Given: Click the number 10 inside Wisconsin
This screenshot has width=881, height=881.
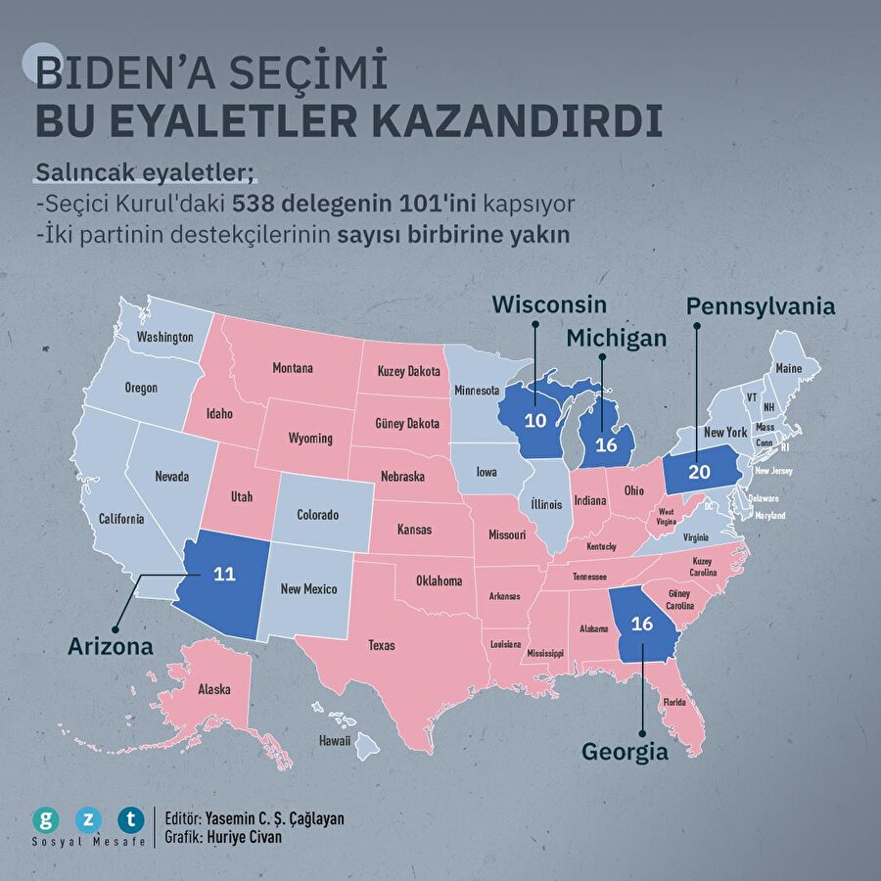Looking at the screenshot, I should (x=535, y=419).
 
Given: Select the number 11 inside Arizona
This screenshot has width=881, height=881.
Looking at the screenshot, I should (x=225, y=574).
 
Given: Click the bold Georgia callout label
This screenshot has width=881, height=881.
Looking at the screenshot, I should (x=625, y=752).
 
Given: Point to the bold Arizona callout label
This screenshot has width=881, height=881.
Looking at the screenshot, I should (x=111, y=647).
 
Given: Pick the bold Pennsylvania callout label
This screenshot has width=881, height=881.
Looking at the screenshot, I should (x=761, y=305).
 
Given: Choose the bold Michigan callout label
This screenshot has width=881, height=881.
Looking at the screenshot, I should (x=617, y=338).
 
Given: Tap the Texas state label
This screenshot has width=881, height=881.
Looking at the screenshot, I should (x=381, y=646).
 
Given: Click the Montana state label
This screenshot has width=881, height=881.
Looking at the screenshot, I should (x=293, y=369).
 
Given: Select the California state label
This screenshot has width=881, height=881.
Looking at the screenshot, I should (x=121, y=519).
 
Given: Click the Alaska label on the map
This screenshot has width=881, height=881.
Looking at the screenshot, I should (x=213, y=690).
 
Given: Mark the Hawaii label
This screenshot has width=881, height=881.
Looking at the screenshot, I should (x=334, y=741).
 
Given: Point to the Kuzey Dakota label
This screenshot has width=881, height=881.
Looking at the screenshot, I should (x=408, y=373).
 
